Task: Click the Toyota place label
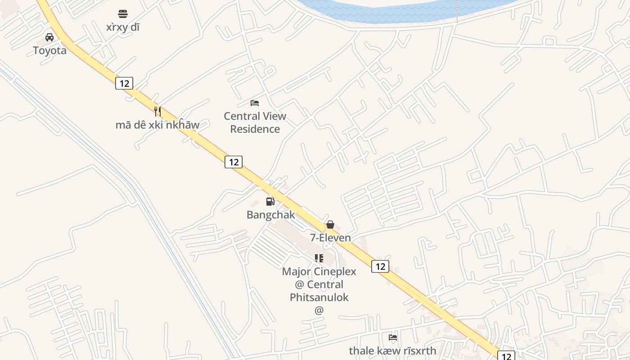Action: coord(49,50)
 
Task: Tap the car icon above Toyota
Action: coord(49,37)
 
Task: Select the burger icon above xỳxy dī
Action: coord(123,14)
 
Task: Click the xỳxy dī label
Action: coord(123,27)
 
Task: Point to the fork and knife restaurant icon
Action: coord(157,111)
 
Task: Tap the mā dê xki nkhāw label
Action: coord(157,125)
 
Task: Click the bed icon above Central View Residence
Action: coord(255,103)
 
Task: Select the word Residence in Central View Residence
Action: coord(255,129)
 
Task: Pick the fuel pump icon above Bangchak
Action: coord(270,201)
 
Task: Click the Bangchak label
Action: coord(270,215)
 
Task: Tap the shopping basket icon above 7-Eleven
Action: coord(330,225)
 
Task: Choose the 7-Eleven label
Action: coord(330,238)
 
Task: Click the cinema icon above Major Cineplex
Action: coord(319,258)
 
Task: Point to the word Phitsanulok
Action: coord(319,297)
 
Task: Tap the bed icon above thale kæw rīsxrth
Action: coord(393,337)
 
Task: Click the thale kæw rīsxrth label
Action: coord(393,351)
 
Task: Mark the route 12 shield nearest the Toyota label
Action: coord(124,83)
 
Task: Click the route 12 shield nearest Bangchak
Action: coord(234,162)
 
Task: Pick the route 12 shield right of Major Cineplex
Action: coord(380,266)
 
